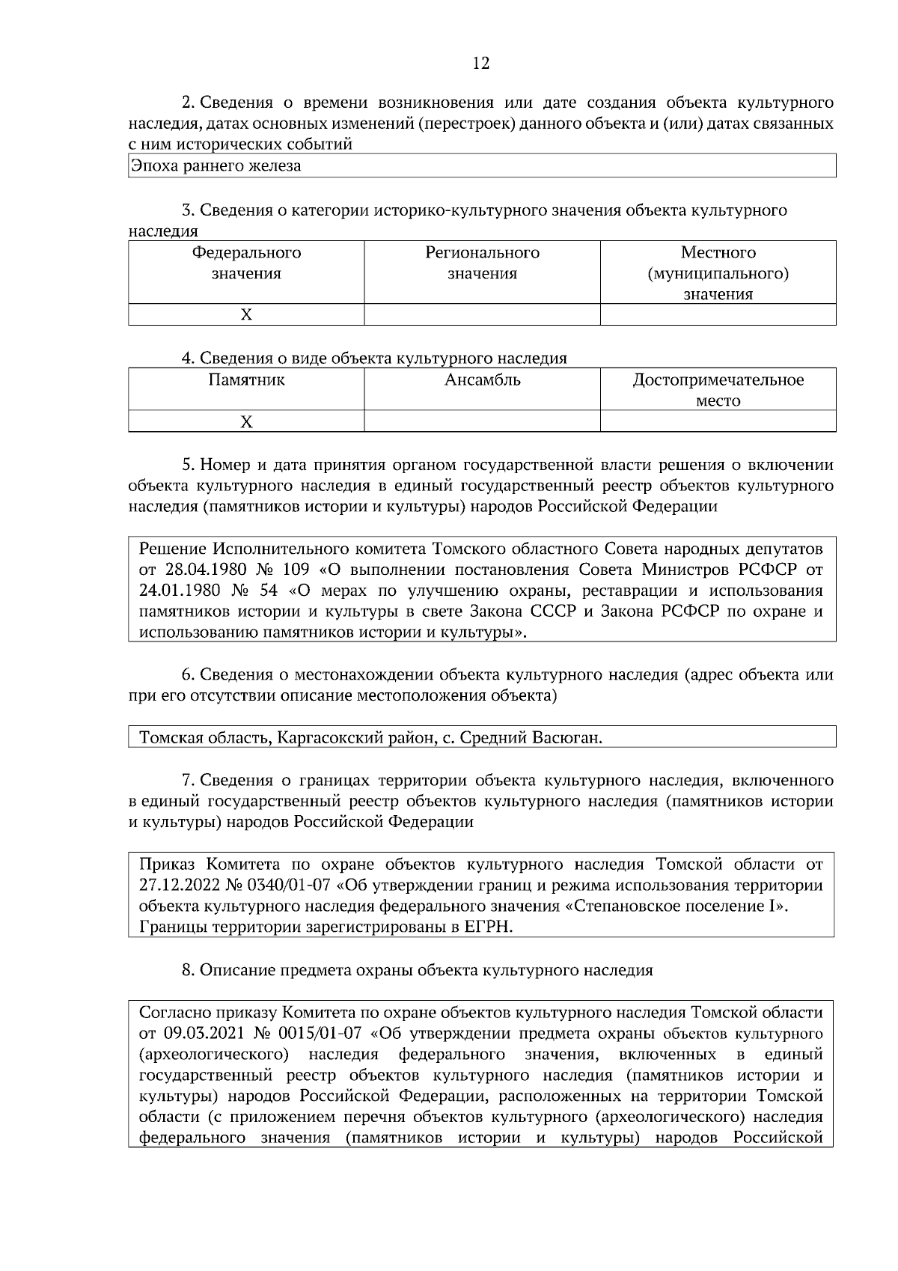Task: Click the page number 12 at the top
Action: pyautogui.click(x=481, y=64)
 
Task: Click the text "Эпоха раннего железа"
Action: pyautogui.click(x=216, y=166)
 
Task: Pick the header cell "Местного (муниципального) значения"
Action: pyautogui.click(x=718, y=273)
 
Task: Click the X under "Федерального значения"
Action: pyautogui.click(x=246, y=315)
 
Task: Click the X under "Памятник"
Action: pyautogui.click(x=246, y=422)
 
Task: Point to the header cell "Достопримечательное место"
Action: pyautogui.click(x=718, y=390)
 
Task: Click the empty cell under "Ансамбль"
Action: pyautogui.click(x=482, y=422)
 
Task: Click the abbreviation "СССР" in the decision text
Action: pyautogui.click(x=552, y=612)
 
